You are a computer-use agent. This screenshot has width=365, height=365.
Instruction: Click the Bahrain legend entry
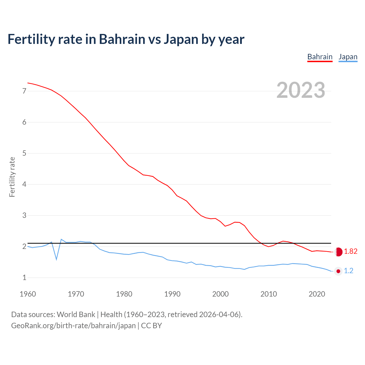coord(320,57)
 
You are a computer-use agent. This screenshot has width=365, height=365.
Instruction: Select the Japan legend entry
coord(348,57)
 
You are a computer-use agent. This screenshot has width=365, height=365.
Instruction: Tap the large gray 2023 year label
coord(301,90)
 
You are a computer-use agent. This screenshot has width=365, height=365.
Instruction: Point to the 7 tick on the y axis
coord(24,91)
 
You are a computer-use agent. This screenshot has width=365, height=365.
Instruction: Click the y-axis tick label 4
coord(24,184)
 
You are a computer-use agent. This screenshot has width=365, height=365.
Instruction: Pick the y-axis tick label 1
coord(24,277)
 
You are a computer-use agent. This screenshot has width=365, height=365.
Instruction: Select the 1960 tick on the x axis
coord(28,294)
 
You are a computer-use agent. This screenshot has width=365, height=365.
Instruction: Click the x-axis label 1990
coord(172,294)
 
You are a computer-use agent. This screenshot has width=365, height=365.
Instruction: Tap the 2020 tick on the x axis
coord(317,294)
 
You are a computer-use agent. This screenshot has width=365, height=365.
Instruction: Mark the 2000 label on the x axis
coord(220,294)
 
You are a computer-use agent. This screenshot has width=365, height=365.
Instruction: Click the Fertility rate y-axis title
coord(12,177)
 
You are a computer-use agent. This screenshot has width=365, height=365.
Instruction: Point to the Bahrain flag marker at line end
coord(338,252)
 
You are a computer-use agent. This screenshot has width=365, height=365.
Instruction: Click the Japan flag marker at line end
coord(338,271)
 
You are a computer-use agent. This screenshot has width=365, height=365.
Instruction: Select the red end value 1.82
coord(350,251)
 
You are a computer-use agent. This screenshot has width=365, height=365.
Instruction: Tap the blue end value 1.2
coord(348,271)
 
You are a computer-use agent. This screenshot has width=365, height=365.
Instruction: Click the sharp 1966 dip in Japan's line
coord(56,259)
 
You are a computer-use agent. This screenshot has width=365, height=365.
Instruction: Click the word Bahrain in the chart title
coord(122,39)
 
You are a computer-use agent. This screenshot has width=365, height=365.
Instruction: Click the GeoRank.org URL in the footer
coord(73,326)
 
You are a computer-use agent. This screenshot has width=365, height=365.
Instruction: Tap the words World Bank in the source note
coord(76,315)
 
